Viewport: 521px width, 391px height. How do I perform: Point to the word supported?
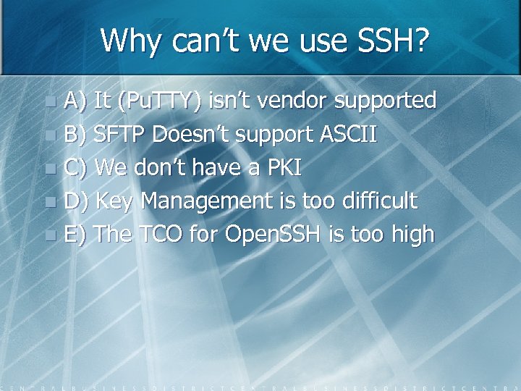tap(386, 101)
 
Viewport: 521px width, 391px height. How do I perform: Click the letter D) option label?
tap(76, 201)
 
